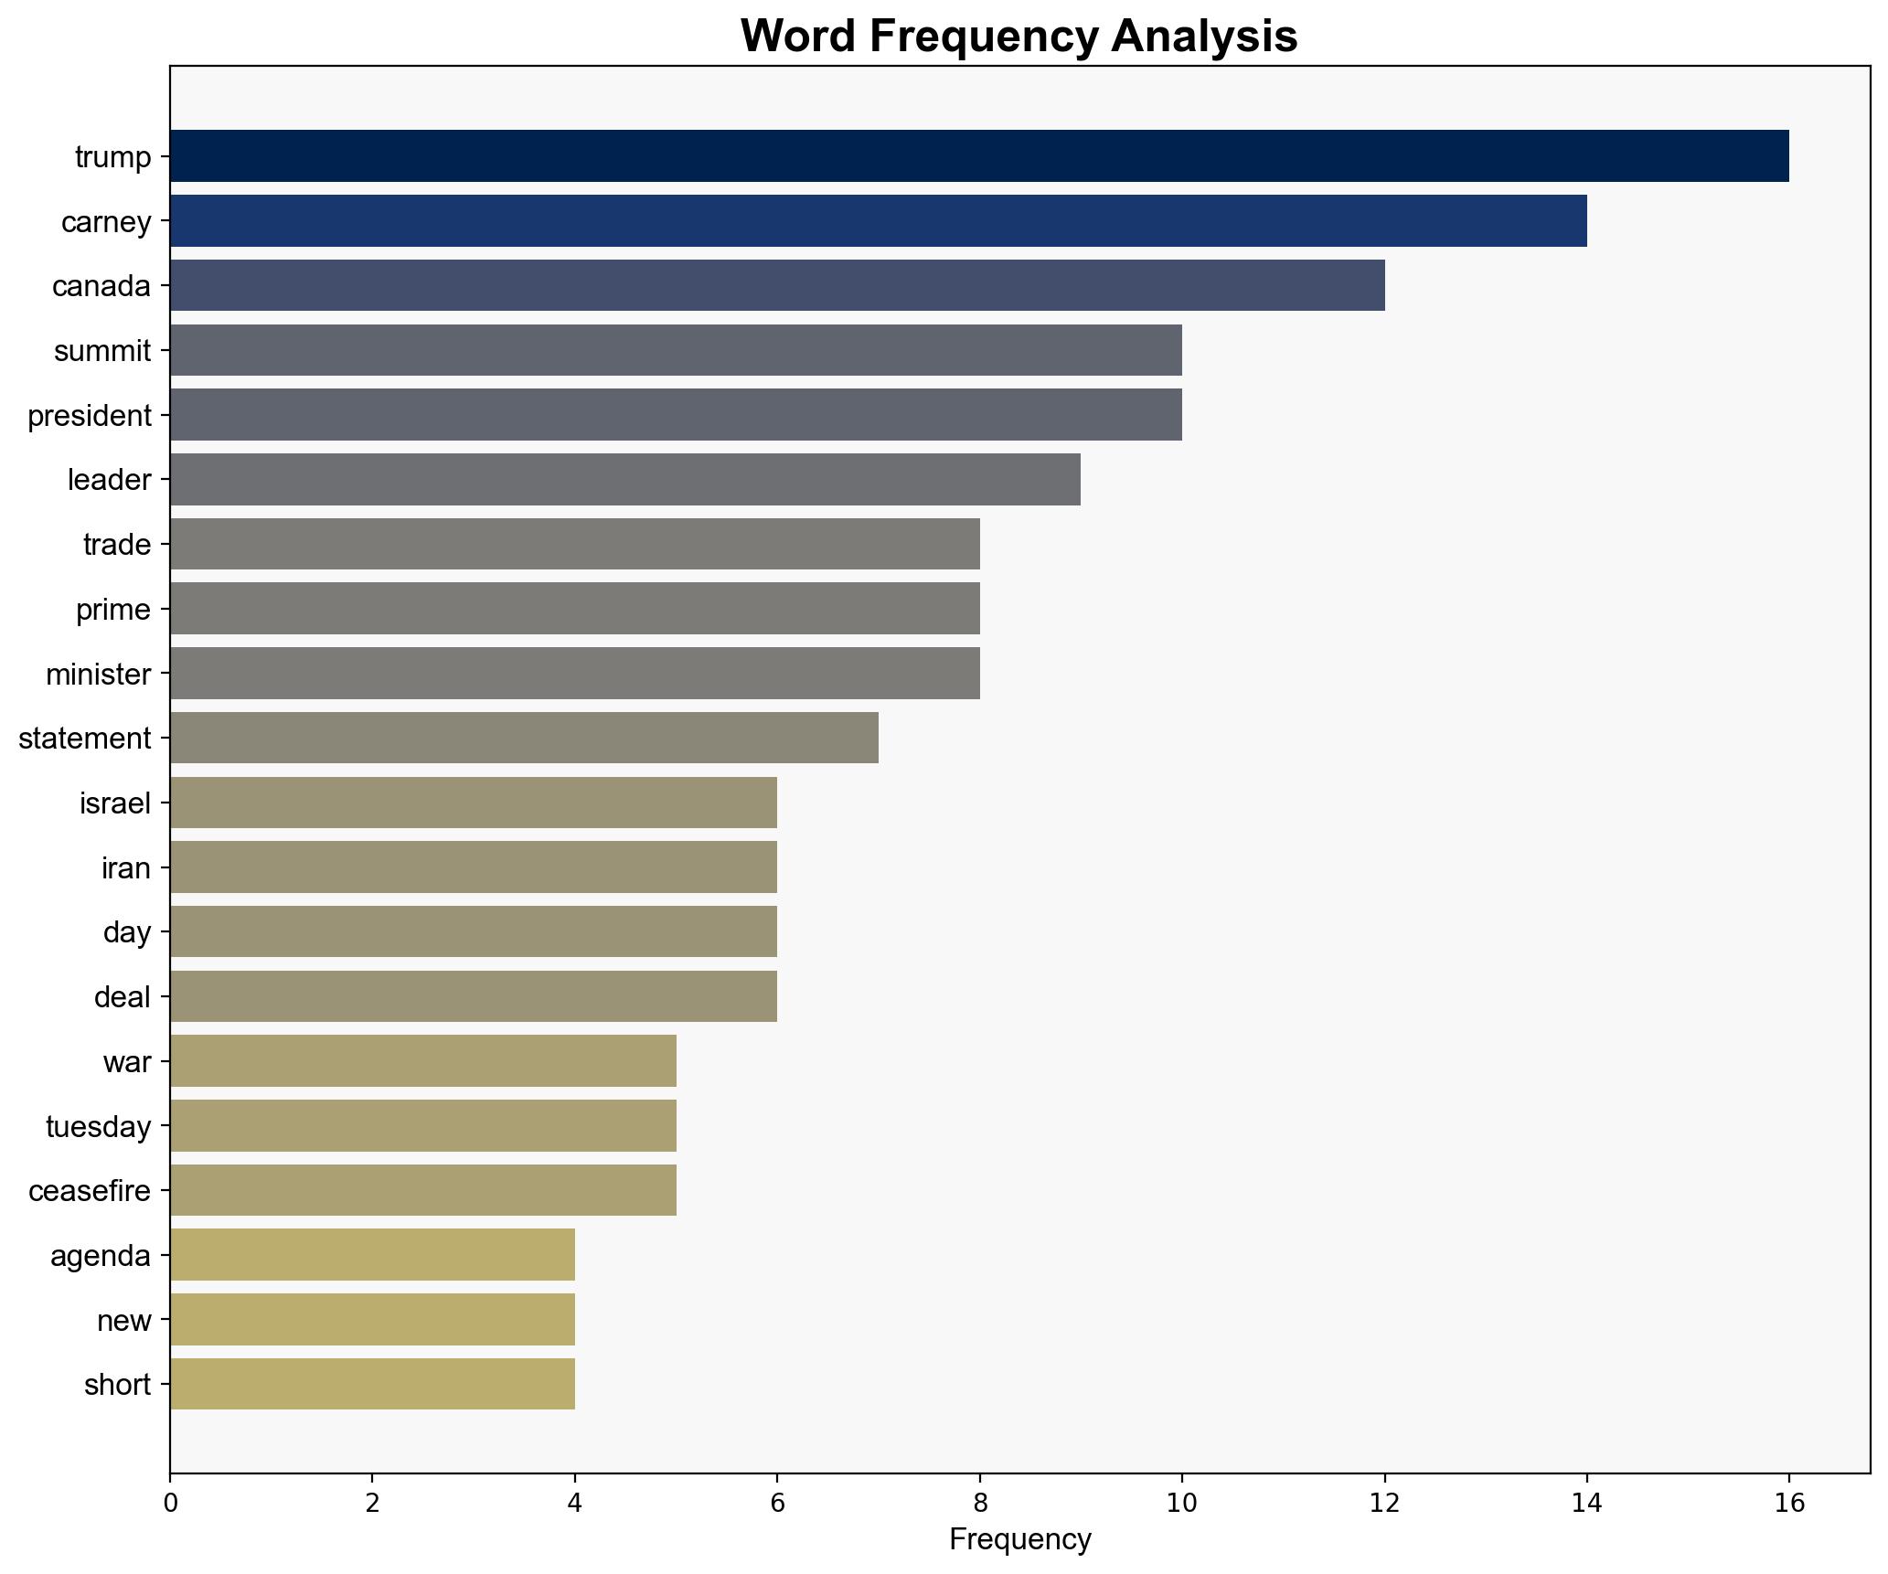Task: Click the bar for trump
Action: (x=978, y=155)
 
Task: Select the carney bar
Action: (x=878, y=220)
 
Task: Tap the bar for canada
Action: (x=777, y=285)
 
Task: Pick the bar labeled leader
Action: (x=625, y=479)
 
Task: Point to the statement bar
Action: (x=524, y=738)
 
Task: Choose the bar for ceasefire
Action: (x=422, y=1190)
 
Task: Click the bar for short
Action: (x=372, y=1384)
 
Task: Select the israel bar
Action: (x=474, y=803)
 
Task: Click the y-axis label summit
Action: (x=102, y=351)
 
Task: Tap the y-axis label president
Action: (x=90, y=416)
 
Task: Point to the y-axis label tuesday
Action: (x=99, y=1127)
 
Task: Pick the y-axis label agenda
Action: (x=101, y=1256)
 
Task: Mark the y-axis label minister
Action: (x=99, y=675)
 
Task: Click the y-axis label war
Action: (x=127, y=1062)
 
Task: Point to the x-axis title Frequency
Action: (x=1019, y=1540)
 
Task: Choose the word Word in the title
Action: (x=798, y=37)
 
